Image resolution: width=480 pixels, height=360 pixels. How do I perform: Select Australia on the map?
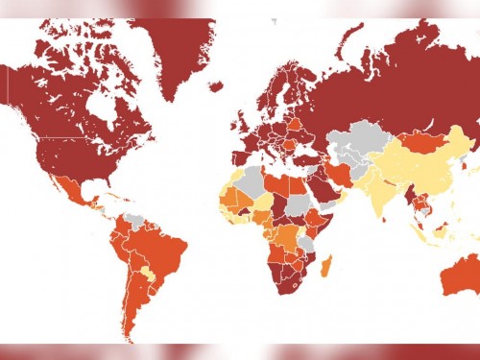[x=459, y=278]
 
